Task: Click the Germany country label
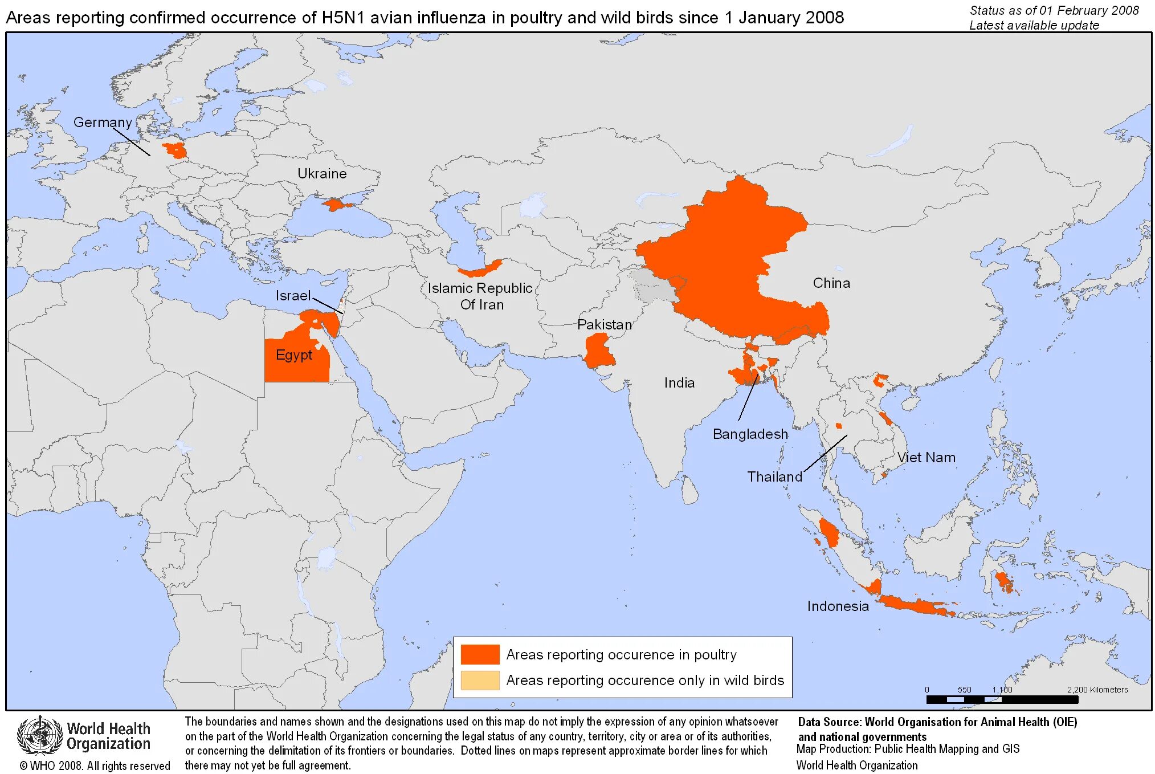click(103, 122)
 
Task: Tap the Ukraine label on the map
click(322, 173)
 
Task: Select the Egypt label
click(294, 355)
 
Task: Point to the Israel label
click(293, 295)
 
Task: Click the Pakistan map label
click(605, 324)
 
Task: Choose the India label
click(679, 382)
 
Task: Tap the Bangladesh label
click(750, 434)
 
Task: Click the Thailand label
click(774, 476)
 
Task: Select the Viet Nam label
click(926, 457)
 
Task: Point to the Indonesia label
click(838, 606)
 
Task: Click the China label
click(831, 283)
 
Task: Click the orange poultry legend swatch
click(480, 654)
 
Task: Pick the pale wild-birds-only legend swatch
click(480, 680)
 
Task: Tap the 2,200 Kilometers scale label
click(1097, 690)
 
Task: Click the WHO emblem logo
click(39, 735)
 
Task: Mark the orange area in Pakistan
click(598, 351)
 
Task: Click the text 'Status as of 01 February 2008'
click(1054, 10)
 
